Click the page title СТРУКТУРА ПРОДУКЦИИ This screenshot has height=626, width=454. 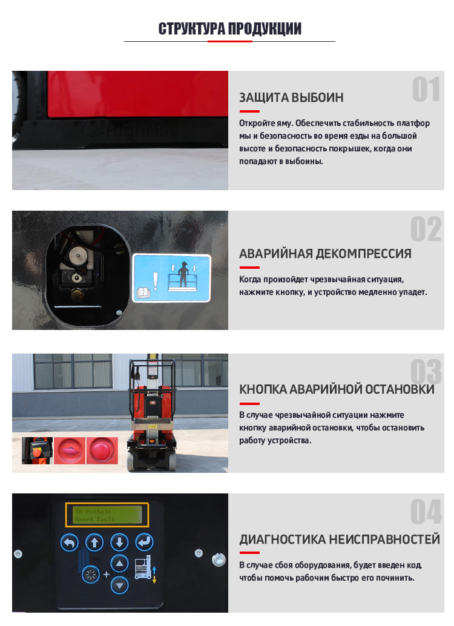(x=229, y=28)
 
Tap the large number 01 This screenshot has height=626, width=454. (x=426, y=90)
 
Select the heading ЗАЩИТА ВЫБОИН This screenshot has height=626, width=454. (x=291, y=97)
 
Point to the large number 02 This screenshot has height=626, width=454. (x=426, y=229)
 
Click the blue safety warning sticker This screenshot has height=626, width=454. (x=171, y=278)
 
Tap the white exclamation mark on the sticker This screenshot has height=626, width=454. (x=156, y=281)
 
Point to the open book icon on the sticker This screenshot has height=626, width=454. (x=143, y=292)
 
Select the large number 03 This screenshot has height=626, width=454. (x=426, y=372)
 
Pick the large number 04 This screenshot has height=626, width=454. (x=426, y=512)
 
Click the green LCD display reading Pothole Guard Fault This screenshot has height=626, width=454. (x=107, y=515)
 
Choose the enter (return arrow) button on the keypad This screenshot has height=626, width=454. (x=143, y=542)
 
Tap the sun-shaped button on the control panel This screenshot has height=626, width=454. (x=91, y=575)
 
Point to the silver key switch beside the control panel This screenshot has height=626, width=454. (x=219, y=559)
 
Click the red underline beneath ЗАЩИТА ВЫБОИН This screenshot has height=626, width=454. (x=249, y=111)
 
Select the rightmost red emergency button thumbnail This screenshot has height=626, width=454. (x=102, y=450)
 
